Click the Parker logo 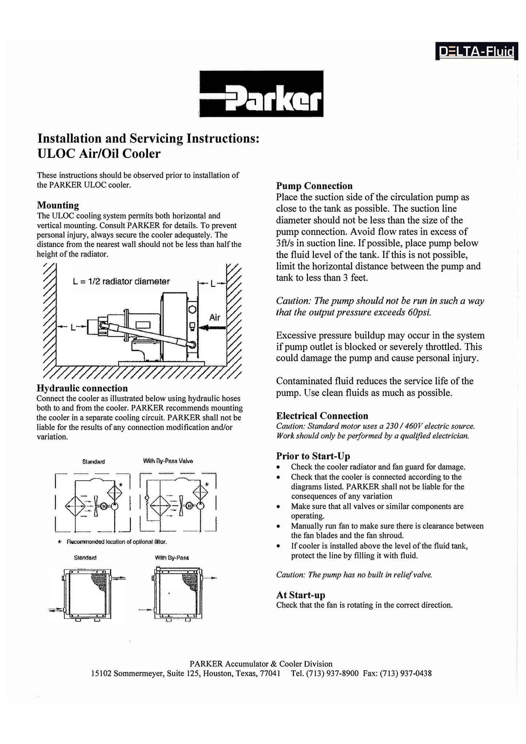coord(261,94)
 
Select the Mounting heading coord(58,205)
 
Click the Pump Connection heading coord(314,186)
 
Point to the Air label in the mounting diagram coord(214,318)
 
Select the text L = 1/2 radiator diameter coord(121,282)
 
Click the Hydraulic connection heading coord(82,388)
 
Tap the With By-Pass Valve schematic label coord(168,461)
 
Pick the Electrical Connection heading coord(322,416)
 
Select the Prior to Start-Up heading coord(313,456)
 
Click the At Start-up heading coord(301,595)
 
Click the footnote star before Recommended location coord(60,542)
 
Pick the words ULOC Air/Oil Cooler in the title coord(99,154)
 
